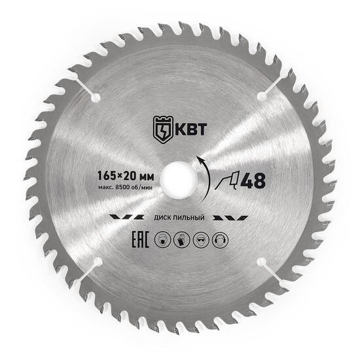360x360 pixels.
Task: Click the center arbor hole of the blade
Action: (x=179, y=179)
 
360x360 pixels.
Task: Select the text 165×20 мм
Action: (x=126, y=176)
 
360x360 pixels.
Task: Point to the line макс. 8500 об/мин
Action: (x=126, y=187)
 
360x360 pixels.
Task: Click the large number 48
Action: (x=253, y=180)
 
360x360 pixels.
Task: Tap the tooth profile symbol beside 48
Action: (x=227, y=181)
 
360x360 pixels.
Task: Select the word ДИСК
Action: (x=162, y=218)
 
